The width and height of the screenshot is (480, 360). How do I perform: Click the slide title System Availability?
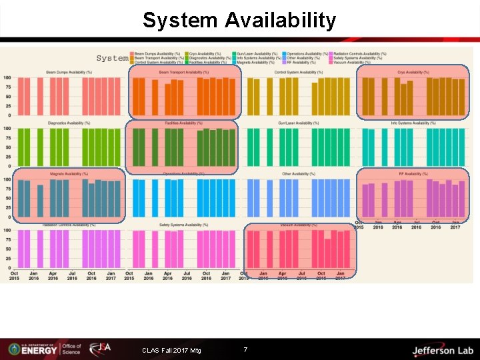click(239, 20)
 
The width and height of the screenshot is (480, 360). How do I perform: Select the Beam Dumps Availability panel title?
click(69, 73)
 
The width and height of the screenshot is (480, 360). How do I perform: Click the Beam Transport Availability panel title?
click(183, 73)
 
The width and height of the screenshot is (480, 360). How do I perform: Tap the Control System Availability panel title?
click(298, 73)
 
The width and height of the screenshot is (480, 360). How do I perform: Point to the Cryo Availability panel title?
click(413, 73)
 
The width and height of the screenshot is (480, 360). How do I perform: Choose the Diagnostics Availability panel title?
click(69, 123)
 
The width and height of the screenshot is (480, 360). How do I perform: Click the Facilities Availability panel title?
click(183, 123)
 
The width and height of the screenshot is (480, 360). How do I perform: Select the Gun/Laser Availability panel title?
click(298, 123)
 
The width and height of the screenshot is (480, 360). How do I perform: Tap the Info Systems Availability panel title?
click(413, 123)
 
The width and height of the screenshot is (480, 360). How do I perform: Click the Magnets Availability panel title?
click(69, 174)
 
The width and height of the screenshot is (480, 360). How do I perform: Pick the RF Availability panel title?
click(413, 174)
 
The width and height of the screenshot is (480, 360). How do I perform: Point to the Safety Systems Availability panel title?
click(183, 225)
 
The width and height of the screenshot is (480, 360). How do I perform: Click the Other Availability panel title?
click(298, 174)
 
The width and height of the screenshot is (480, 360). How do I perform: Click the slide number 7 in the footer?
click(245, 349)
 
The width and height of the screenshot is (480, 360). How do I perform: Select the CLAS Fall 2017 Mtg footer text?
click(171, 350)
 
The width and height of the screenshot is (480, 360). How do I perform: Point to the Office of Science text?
click(71, 349)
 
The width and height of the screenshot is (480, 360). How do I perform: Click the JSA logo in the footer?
click(101, 349)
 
